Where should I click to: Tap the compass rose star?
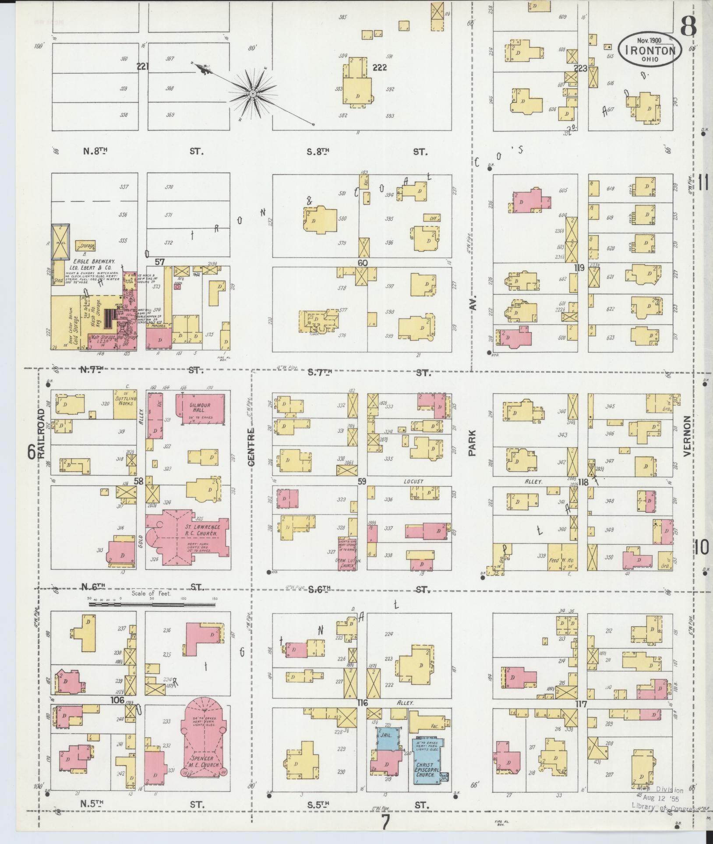click(253, 94)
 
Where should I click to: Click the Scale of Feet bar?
click(152, 604)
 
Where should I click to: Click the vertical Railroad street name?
click(42, 434)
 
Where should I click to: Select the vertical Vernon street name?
click(686, 436)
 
